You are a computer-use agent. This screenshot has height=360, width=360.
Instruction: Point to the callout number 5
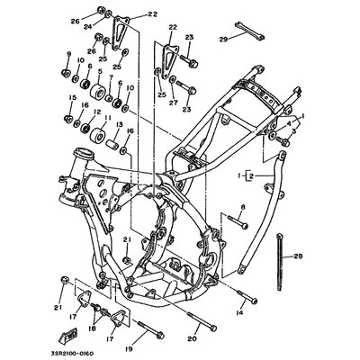[102, 68]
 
